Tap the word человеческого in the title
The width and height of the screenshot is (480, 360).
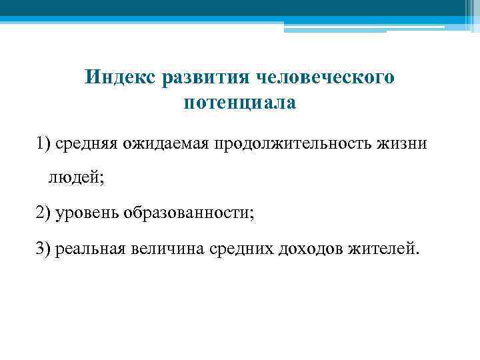tap(325, 78)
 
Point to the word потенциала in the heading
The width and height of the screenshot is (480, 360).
tap(239, 103)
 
